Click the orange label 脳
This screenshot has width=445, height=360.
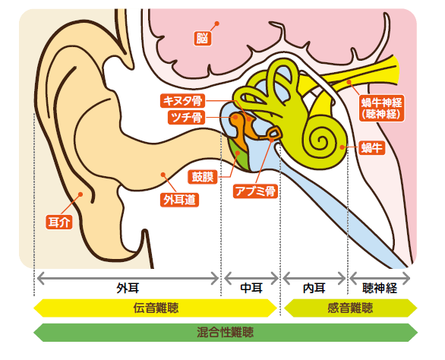coord(203,38)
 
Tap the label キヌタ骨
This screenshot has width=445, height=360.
coord(183,101)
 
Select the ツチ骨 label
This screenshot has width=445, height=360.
coord(187,117)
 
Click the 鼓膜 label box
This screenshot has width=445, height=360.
coord(203,177)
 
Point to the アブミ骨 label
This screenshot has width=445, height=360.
coord(255,191)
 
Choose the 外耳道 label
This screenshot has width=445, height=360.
coord(179,200)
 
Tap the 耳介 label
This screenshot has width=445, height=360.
coord(59,223)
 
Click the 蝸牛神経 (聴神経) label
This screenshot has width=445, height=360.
coord(382,108)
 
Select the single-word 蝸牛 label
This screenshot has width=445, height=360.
coord(372,147)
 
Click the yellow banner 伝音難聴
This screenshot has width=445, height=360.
coord(155,308)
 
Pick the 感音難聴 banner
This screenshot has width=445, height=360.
coord(351,308)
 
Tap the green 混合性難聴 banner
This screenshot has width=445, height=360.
coord(226,332)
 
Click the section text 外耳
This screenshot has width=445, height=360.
coord(128,289)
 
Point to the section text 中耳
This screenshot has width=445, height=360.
coord(251,289)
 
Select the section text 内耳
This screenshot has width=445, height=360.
coord(314,289)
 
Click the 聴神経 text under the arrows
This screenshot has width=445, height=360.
coord(380,289)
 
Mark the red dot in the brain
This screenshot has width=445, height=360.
coord(217,24)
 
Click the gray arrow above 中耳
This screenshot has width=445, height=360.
coord(251,278)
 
